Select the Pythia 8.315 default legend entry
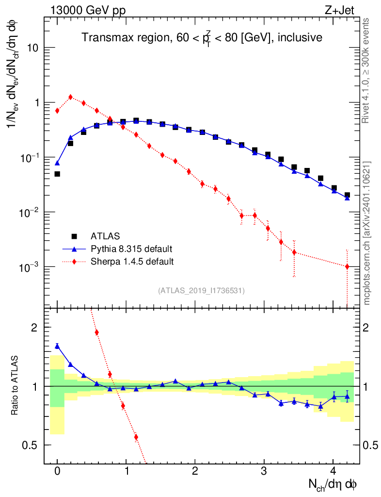[x=131, y=249]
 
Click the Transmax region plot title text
[x=202, y=38]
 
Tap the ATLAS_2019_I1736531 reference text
[x=201, y=291]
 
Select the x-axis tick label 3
[x=264, y=471]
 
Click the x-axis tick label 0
[x=57, y=471]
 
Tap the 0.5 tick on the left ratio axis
[x=32, y=445]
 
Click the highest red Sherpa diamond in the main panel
[x=71, y=97]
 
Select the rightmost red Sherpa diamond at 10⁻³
[x=347, y=266]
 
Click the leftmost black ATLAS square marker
[x=57, y=174]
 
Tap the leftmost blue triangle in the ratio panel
[x=57, y=346]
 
